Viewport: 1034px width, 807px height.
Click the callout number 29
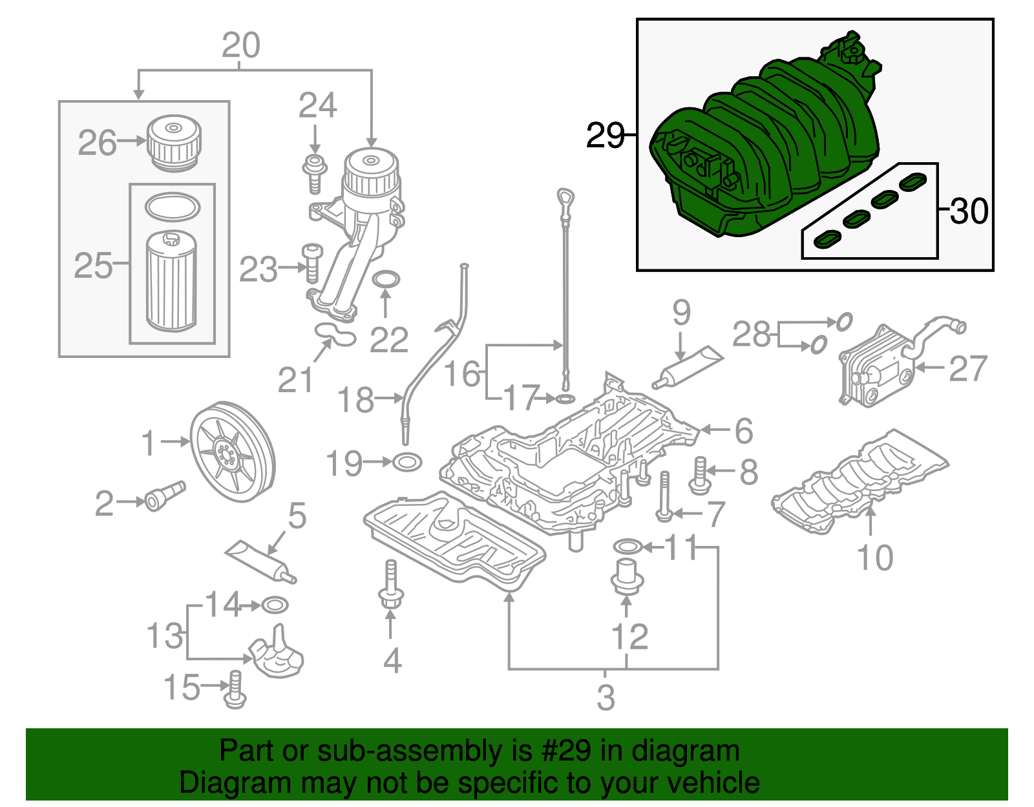point(605,136)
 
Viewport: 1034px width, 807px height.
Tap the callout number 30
point(969,211)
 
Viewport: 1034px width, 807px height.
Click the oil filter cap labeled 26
point(173,142)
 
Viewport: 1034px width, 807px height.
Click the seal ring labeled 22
point(386,280)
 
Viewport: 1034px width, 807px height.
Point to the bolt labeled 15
point(235,689)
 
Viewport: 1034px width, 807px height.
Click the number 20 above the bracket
point(240,45)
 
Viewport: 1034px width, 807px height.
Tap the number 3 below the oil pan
point(606,697)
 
